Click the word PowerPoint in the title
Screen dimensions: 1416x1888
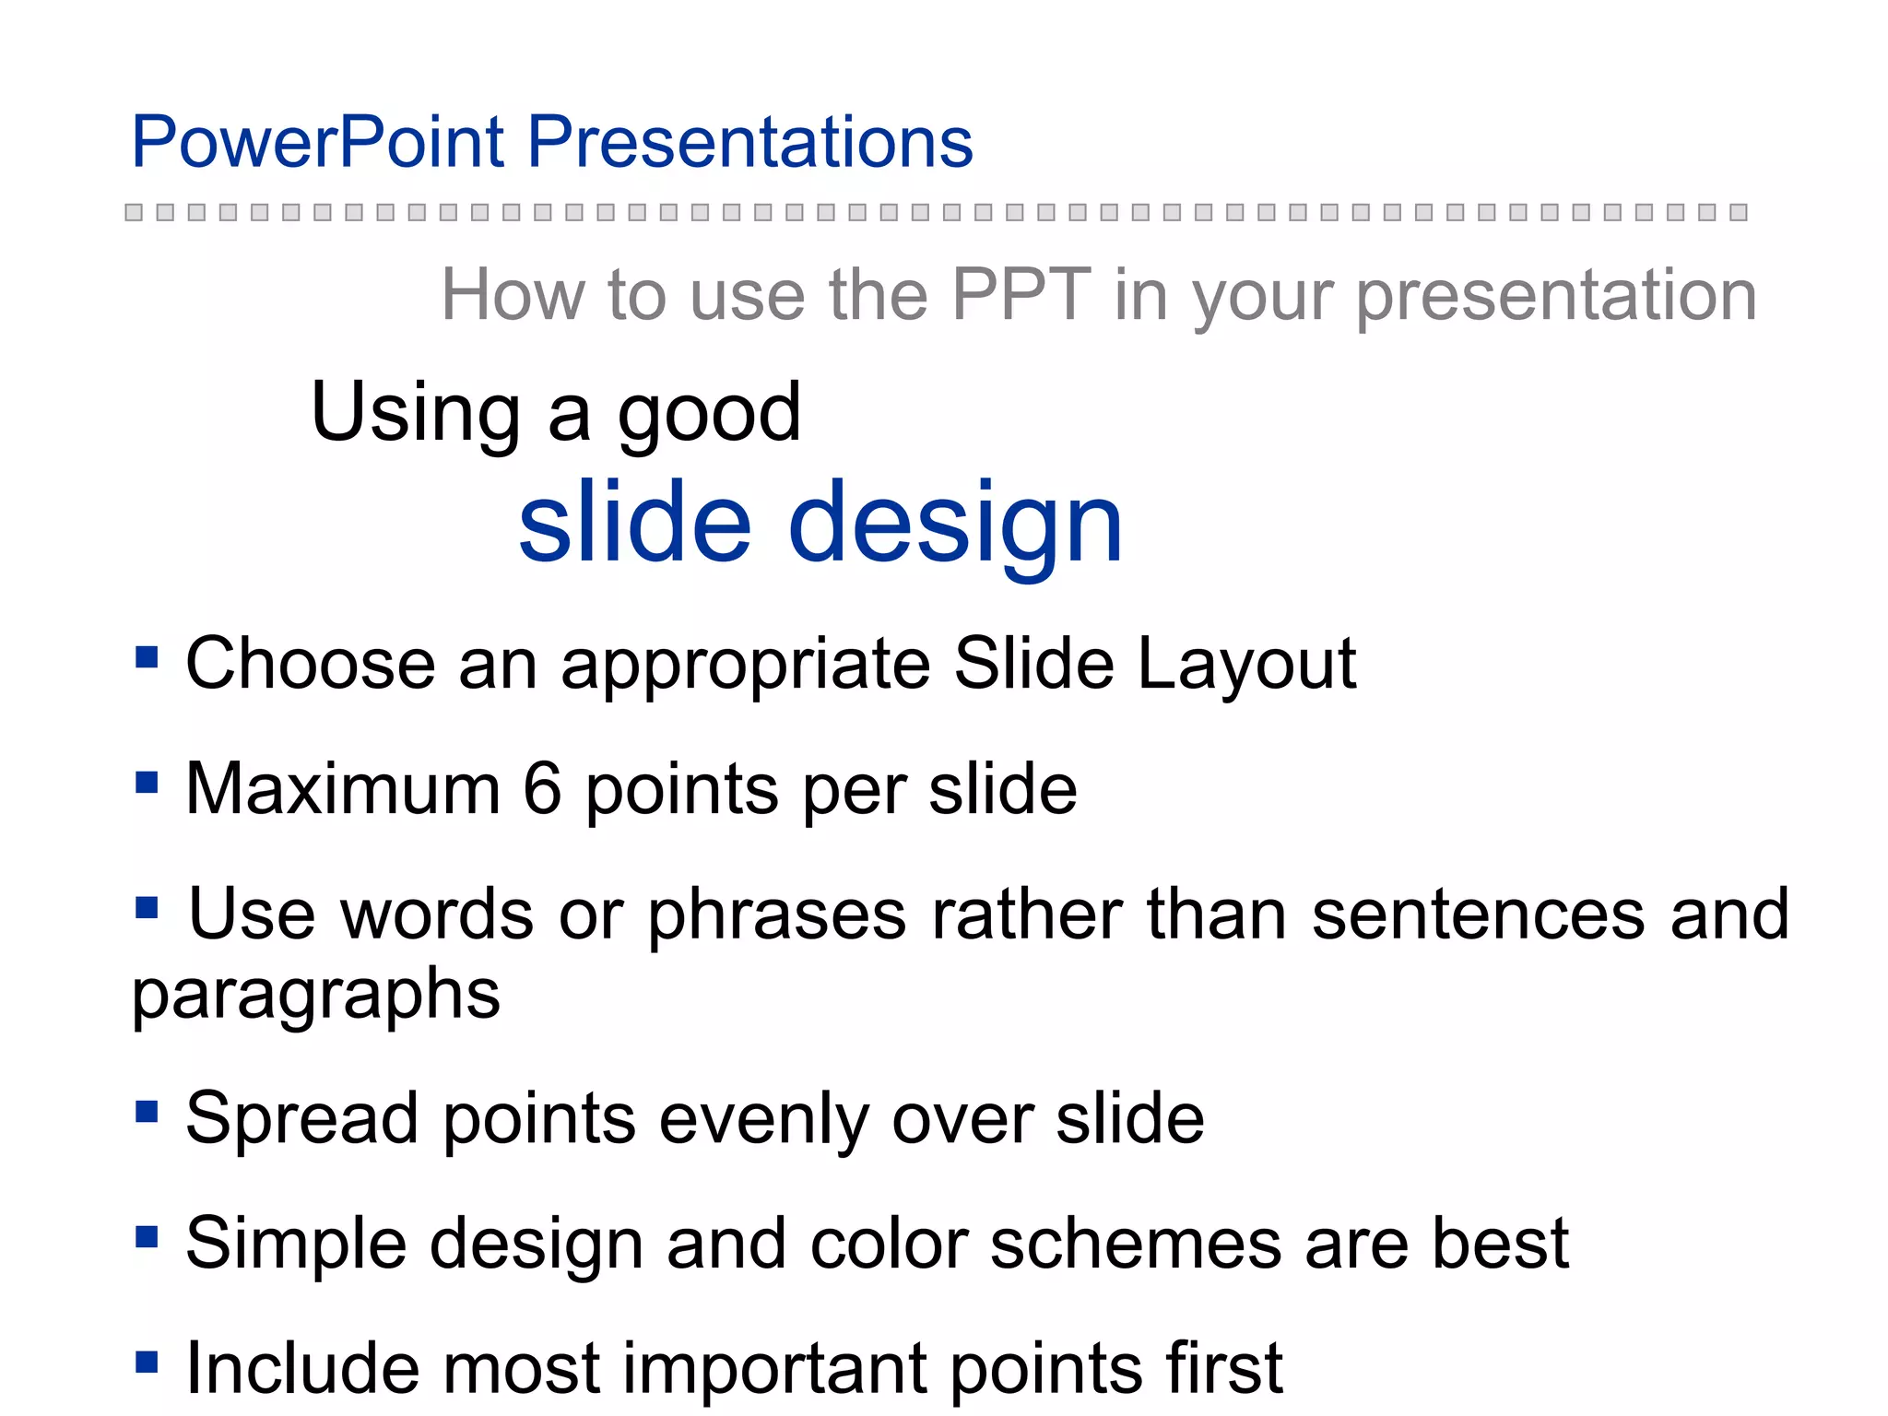click(317, 143)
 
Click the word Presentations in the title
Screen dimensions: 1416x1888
click(749, 143)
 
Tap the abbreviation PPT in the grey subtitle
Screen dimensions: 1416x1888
click(1021, 295)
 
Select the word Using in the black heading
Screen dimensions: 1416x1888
click(416, 414)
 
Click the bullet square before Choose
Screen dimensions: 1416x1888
click(147, 657)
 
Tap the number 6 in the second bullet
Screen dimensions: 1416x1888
click(542, 789)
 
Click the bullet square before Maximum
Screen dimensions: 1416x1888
click(147, 783)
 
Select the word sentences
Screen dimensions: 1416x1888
click(1478, 914)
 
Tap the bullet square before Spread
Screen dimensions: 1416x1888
click(147, 1111)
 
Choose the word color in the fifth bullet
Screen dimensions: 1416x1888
click(888, 1244)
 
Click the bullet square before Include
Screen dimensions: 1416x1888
click(147, 1362)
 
